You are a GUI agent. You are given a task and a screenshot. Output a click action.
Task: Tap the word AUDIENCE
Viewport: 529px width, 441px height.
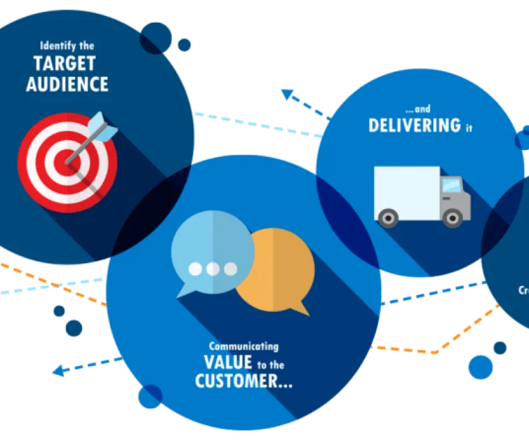[67, 84]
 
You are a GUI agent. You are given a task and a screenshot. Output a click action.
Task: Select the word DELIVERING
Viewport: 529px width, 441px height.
[414, 125]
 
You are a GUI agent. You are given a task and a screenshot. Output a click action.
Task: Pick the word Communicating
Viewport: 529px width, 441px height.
[244, 346]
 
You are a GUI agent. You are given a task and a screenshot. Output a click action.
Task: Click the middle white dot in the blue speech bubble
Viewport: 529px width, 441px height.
[213, 269]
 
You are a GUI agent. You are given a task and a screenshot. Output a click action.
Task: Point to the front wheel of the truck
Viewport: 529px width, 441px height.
[452, 217]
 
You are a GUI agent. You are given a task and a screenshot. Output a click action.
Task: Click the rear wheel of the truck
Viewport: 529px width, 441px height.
[388, 217]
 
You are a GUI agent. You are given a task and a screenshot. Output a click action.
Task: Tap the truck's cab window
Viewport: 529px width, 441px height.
[452, 185]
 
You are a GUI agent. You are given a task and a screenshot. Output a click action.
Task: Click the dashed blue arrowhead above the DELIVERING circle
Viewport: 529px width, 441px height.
[288, 94]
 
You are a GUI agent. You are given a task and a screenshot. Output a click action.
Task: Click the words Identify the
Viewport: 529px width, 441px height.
[67, 45]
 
